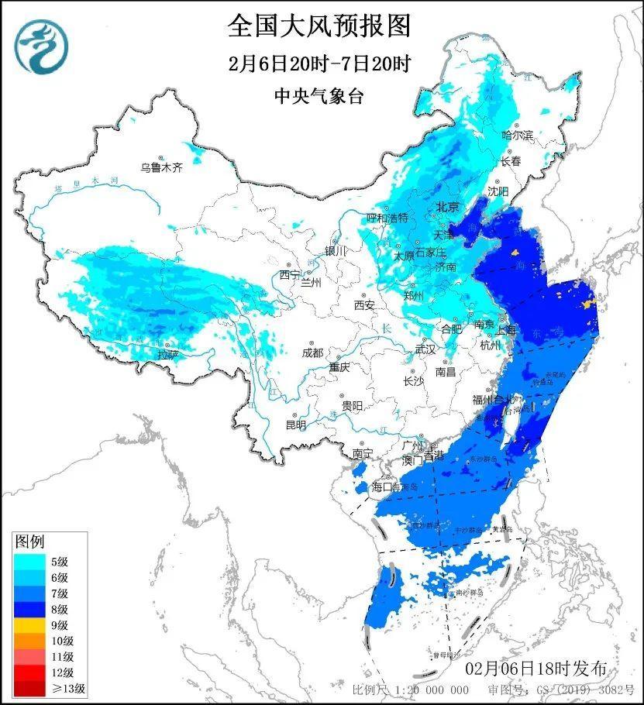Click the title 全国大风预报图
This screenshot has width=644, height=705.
click(319, 26)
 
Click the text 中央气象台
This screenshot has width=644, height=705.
click(319, 96)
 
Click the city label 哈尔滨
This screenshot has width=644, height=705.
click(518, 135)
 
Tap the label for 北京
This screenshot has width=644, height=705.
click(448, 207)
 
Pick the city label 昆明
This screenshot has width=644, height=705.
click(296, 425)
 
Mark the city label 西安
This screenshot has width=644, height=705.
click(364, 305)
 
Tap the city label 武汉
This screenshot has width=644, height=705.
click(425, 349)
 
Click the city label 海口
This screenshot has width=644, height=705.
click(382, 487)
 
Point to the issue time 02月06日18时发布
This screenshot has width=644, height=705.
click(536, 669)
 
